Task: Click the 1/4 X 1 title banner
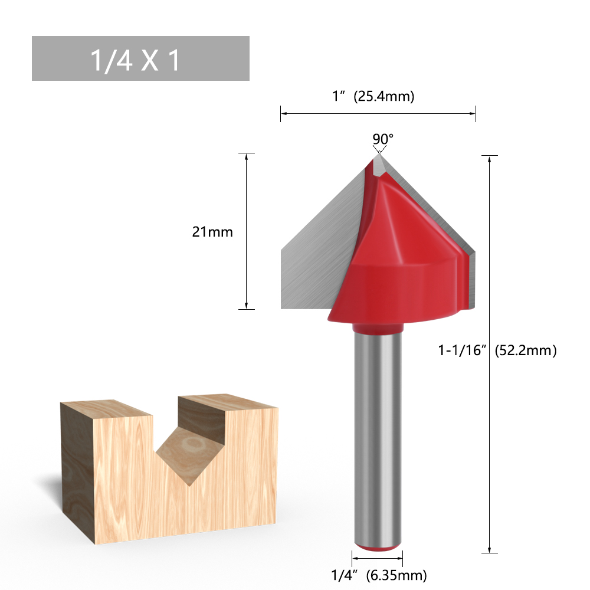[140, 58]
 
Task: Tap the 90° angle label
[382, 139]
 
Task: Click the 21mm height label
[212, 232]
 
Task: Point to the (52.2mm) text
[526, 350]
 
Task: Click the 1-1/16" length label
[461, 350]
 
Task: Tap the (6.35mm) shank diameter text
[396, 574]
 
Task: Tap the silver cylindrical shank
[378, 437]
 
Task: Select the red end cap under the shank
[378, 548]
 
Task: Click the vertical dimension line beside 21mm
[246, 265]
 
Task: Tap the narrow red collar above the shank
[378, 328]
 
